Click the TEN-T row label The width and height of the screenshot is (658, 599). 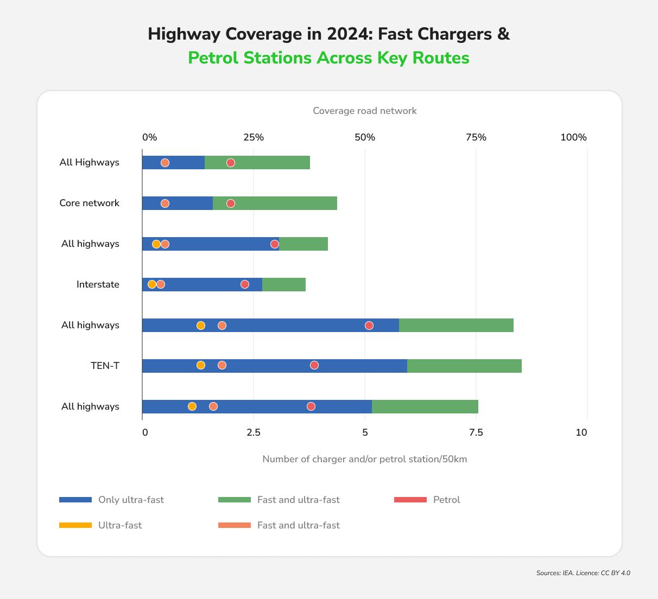point(105,366)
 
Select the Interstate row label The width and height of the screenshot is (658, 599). point(98,284)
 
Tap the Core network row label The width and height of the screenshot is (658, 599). point(89,203)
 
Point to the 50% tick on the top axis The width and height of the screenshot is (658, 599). point(365,137)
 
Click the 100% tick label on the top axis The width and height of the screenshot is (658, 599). point(573,137)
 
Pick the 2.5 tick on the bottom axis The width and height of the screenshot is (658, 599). point(254,432)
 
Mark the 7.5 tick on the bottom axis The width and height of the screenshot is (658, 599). point(476,432)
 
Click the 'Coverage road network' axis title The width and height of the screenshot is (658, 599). point(365,111)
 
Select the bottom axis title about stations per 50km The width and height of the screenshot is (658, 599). point(365,459)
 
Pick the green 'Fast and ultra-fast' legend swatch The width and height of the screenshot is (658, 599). point(235,500)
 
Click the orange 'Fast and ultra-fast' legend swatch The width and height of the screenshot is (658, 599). point(235,525)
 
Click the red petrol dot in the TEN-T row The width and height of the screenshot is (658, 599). point(314,365)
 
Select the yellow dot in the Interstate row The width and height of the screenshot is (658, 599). point(152,284)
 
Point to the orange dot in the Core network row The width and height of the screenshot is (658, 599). point(165,203)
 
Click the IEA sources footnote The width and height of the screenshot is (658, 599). point(583,573)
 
